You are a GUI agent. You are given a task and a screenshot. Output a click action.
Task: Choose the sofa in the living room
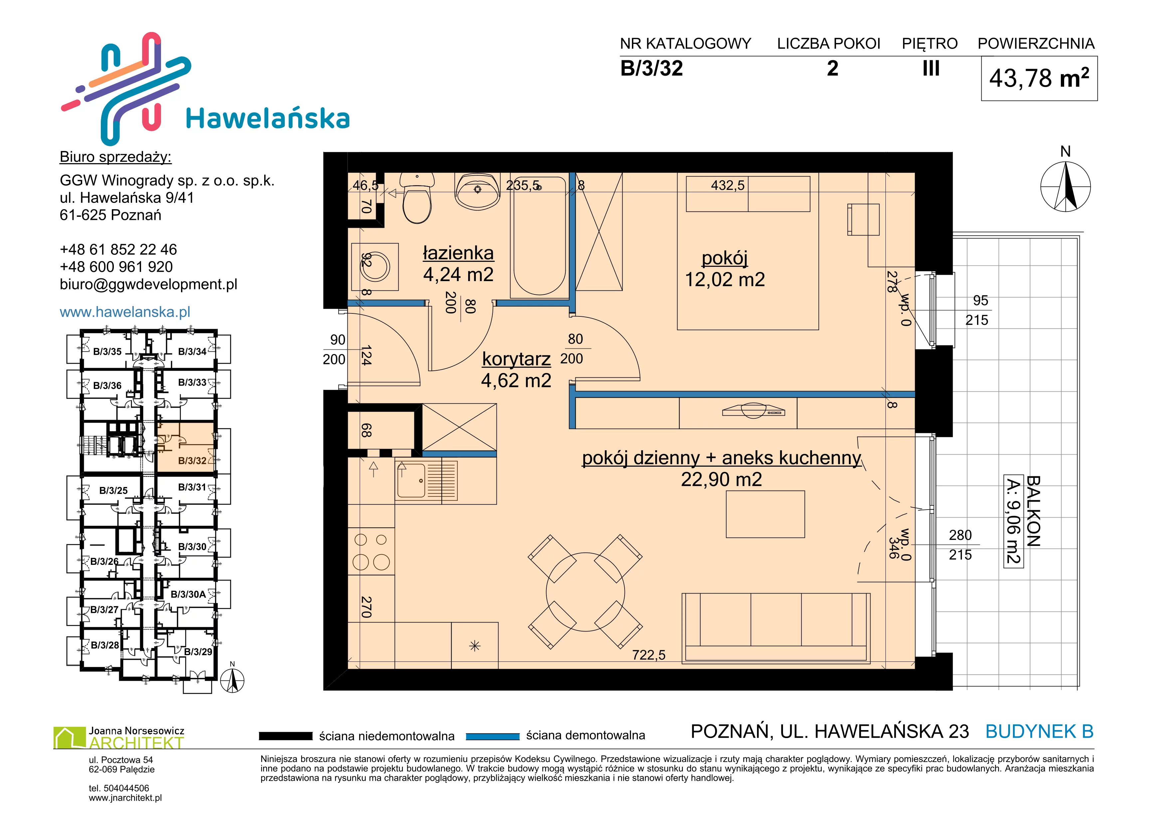click(x=776, y=628)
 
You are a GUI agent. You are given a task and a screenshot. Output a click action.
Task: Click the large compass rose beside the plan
click(x=1066, y=186)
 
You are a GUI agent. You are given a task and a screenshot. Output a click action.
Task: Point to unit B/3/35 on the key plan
click(x=107, y=351)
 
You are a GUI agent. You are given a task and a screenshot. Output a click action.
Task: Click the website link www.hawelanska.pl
click(x=125, y=312)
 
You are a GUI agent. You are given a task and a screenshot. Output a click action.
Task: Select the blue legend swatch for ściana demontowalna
click(x=492, y=736)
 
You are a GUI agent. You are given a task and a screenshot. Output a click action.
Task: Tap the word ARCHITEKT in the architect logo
click(x=136, y=743)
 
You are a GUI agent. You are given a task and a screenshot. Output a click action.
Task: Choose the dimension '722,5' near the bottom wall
click(x=649, y=655)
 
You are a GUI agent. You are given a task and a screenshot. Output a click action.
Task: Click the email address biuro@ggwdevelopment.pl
click(x=148, y=284)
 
